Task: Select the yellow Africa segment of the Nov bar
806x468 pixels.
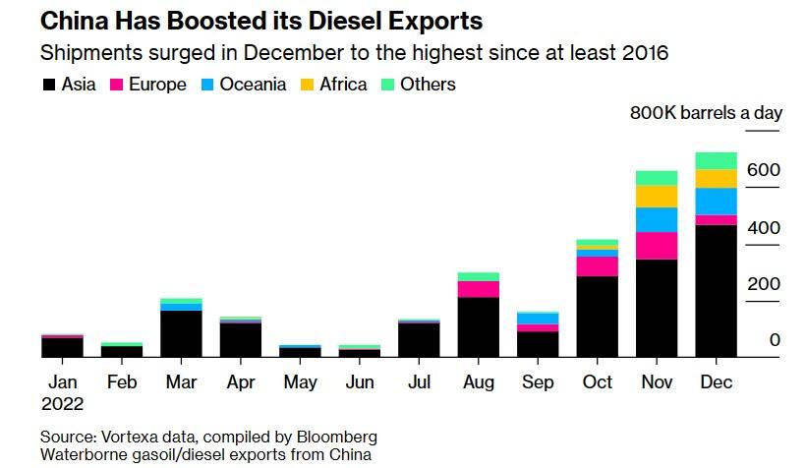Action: tap(656, 196)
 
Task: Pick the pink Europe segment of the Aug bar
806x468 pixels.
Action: tap(478, 289)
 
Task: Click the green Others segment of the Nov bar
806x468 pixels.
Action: tap(656, 178)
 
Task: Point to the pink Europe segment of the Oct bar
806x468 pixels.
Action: tap(597, 266)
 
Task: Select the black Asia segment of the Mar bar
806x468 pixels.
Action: tap(181, 333)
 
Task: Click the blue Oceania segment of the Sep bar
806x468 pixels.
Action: tap(538, 318)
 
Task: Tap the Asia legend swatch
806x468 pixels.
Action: tap(48, 85)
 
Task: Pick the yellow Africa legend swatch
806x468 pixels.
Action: tap(308, 85)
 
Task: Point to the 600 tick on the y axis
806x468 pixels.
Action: tap(762, 171)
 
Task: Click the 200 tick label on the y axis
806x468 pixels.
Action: tap(762, 284)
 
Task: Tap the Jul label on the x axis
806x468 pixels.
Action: tap(419, 381)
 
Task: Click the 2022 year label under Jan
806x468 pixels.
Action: tap(63, 403)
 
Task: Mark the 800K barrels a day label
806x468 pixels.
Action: tap(706, 112)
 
